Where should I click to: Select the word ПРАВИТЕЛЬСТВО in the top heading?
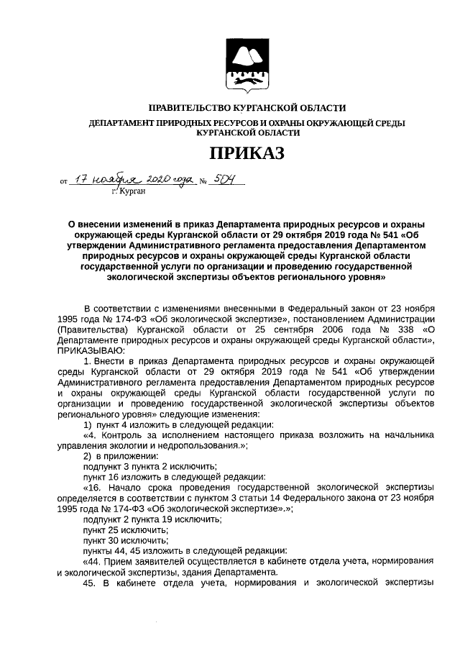click(190, 107)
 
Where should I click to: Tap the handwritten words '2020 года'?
click(173, 178)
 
